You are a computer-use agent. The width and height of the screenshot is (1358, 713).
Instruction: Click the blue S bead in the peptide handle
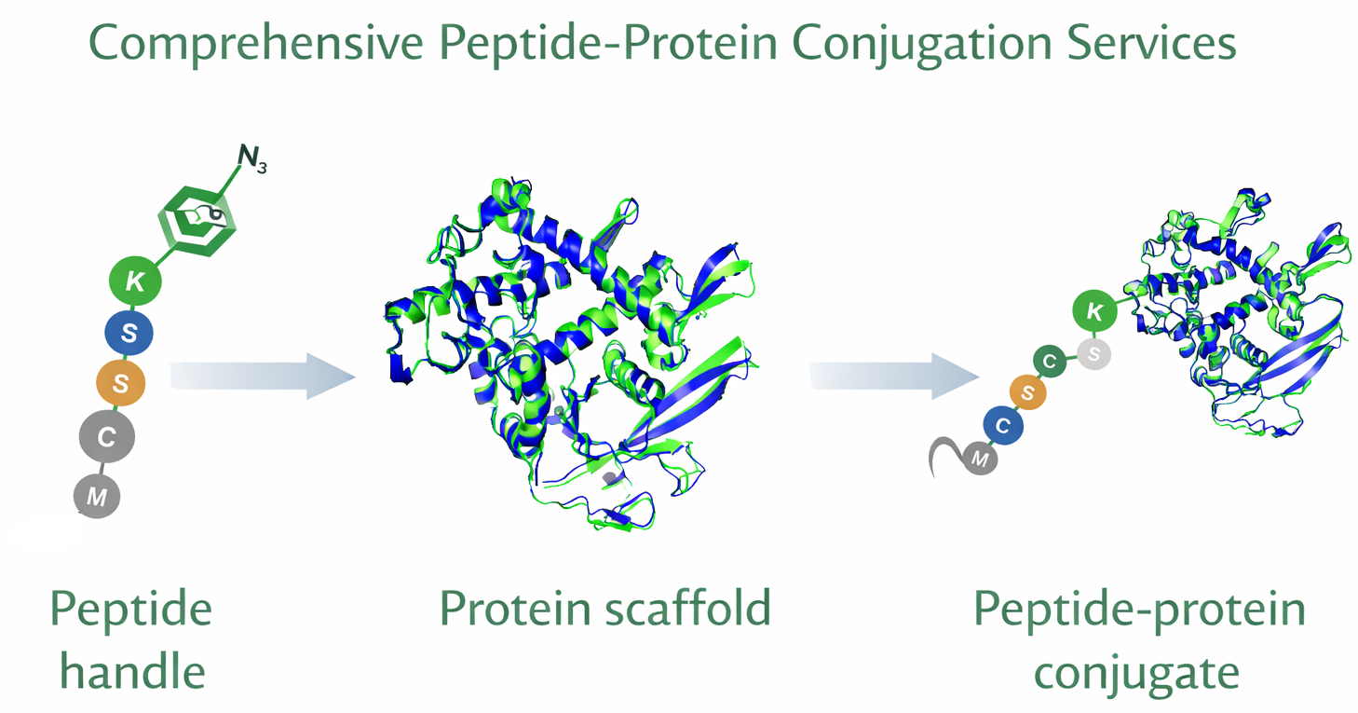point(129,332)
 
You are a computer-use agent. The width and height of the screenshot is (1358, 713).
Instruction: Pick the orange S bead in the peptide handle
point(121,382)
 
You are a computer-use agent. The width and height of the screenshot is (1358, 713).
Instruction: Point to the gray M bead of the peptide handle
point(97,497)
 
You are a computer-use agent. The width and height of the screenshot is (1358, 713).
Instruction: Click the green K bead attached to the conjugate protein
point(1096,312)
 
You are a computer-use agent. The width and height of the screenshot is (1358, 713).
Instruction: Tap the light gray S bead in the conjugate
point(1093,353)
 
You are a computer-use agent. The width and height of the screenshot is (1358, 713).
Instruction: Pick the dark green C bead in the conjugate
point(1051,362)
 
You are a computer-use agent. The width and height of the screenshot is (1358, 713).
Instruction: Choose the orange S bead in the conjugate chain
point(1027,393)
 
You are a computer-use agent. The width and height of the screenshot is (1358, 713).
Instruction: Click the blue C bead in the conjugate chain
point(1003,426)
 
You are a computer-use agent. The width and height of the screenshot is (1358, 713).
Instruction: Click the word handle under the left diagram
point(132,670)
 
